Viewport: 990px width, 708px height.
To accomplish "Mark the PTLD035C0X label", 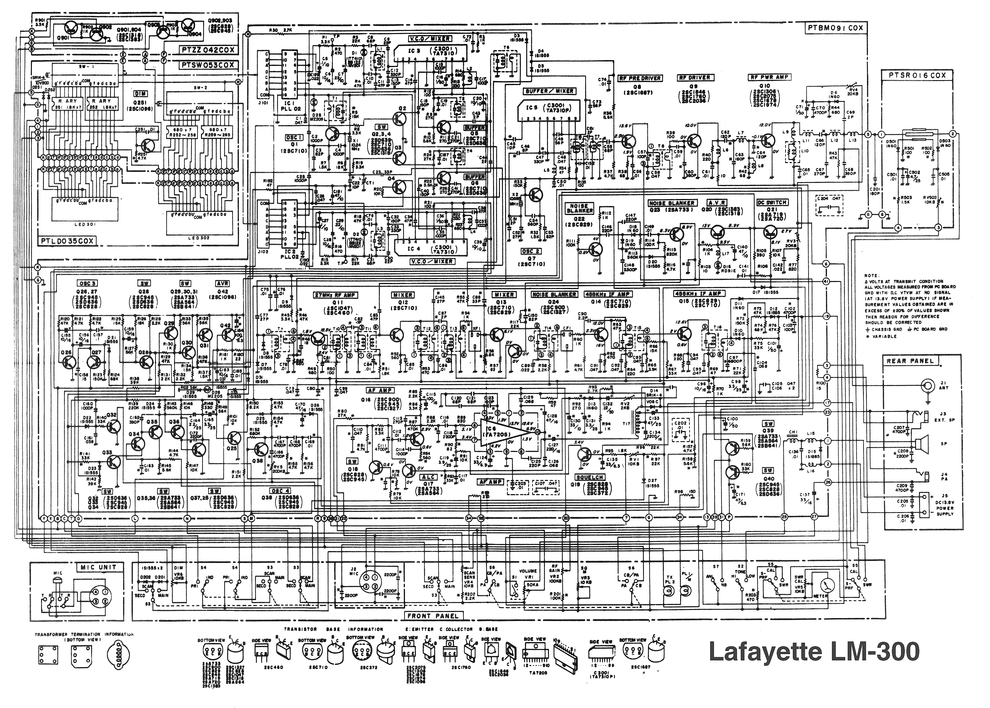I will pos(68,241).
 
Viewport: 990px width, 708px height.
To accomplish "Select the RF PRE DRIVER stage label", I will pos(640,78).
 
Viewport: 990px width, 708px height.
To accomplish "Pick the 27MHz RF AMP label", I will pos(335,295).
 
